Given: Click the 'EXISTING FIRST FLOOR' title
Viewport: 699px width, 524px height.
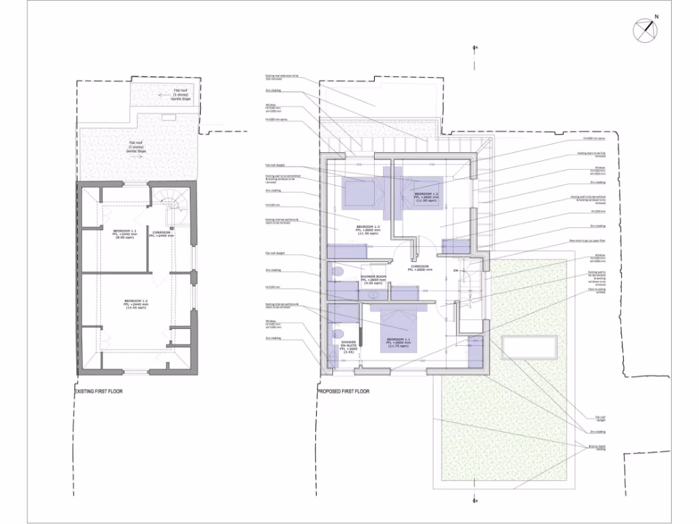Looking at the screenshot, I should tap(100, 392).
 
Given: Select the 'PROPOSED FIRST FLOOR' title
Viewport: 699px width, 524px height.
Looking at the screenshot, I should tap(344, 392).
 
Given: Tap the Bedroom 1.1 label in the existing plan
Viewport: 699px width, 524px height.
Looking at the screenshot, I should tap(124, 234).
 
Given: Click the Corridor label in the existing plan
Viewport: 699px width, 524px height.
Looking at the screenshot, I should tap(162, 234).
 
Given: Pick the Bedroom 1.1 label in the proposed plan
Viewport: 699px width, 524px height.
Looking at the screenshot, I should tap(398, 343).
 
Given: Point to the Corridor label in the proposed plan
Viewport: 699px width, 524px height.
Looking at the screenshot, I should tap(420, 268).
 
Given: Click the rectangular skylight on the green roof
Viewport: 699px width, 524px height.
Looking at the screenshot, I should tap(530, 348).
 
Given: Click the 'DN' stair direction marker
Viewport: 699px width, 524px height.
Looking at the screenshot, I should tap(455, 272).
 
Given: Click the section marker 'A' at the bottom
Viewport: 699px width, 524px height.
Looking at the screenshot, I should tap(476, 502).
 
